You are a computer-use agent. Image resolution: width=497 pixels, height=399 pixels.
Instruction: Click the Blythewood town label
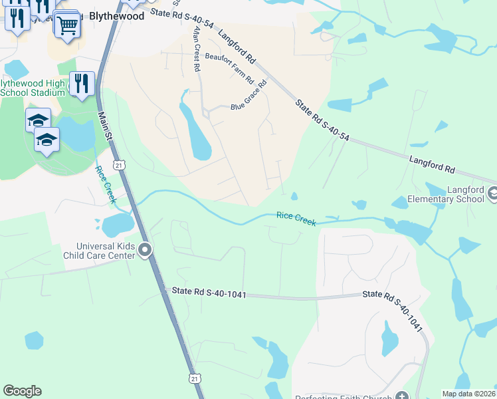[x=116, y=17]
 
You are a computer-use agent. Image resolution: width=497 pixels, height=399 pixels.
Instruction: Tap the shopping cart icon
[x=66, y=25]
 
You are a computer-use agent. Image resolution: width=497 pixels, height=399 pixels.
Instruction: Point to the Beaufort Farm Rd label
[x=229, y=68]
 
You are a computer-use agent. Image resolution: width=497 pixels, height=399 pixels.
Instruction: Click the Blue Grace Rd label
[x=248, y=96]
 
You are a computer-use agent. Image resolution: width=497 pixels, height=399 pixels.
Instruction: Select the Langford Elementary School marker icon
[x=492, y=194]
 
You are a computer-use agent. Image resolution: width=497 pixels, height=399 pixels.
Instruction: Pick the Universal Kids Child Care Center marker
[x=145, y=251]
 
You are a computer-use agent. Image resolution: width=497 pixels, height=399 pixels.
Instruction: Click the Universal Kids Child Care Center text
[x=98, y=251]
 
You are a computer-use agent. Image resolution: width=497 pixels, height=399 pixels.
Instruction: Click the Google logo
[x=22, y=391]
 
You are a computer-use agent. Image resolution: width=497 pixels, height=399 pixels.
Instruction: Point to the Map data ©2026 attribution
[x=468, y=394]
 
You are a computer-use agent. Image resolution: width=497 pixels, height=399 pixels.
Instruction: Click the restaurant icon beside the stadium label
[x=82, y=84]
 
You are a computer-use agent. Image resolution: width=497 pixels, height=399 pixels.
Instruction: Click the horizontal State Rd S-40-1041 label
[x=209, y=292]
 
